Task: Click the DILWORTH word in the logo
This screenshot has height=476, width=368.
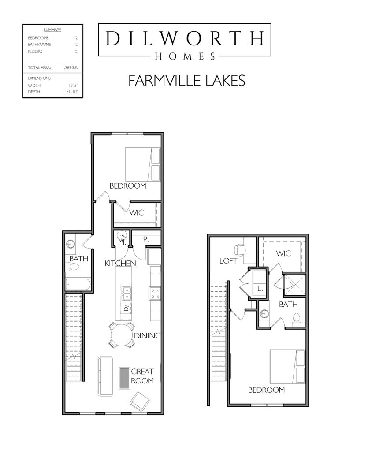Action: tap(184, 39)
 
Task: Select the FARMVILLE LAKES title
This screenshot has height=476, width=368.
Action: tap(187, 81)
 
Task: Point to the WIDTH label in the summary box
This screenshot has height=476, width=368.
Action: tap(33, 85)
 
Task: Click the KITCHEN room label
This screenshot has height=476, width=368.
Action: tap(120, 263)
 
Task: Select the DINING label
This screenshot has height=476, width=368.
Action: tap(147, 336)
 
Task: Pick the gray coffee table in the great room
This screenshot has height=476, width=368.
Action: tap(124, 378)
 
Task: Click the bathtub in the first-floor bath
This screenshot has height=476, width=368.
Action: tap(78, 284)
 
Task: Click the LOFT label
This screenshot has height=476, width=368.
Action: tap(228, 261)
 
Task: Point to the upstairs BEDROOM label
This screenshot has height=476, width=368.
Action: tap(266, 390)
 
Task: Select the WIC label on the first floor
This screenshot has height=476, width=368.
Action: tap(137, 212)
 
